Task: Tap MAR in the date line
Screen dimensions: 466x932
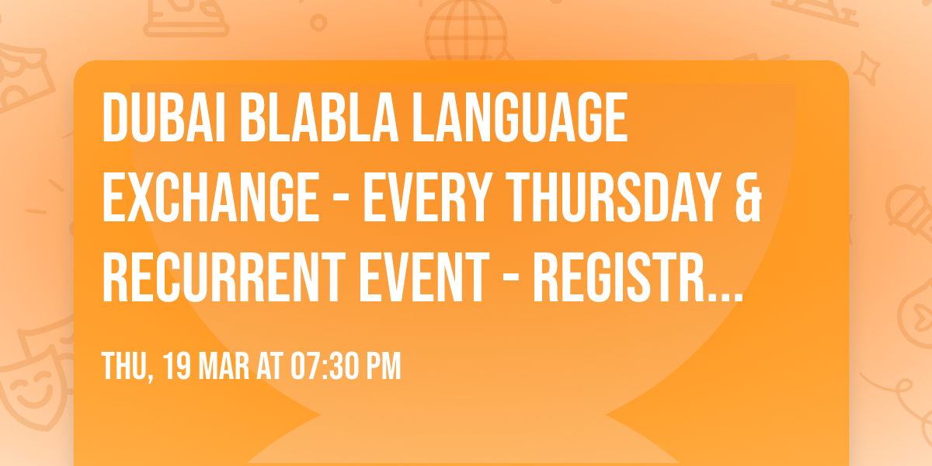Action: point(228,367)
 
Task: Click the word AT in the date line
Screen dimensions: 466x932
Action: point(273,367)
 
